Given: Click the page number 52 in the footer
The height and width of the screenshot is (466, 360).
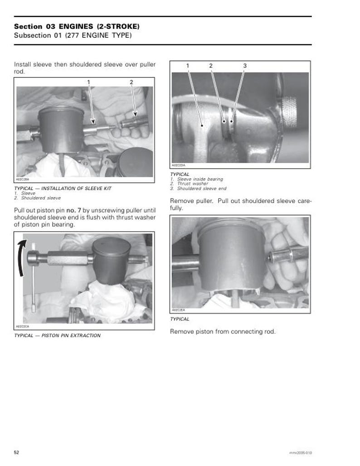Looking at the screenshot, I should point(17,452).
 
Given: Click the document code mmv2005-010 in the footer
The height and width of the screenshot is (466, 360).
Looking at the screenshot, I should point(300,453).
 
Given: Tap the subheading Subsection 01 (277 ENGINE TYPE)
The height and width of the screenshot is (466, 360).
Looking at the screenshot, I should point(73,35).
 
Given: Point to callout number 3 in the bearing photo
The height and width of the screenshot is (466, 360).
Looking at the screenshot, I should point(245,66).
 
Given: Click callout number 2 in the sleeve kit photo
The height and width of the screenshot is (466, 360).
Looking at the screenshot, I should point(131,82).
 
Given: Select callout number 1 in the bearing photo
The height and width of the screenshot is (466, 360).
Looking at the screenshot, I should point(188,66).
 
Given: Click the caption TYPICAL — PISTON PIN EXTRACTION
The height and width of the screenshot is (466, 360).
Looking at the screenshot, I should point(58,335).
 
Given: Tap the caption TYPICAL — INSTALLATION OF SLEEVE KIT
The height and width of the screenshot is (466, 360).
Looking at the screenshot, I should point(63,188).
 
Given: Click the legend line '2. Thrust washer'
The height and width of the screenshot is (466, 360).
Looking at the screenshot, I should point(190,184).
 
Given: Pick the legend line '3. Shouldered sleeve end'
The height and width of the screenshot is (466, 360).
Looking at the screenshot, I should point(198,189).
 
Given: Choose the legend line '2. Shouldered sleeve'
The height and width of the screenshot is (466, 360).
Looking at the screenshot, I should point(38,198).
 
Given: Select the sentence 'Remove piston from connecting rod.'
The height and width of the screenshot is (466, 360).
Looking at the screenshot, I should point(223,331).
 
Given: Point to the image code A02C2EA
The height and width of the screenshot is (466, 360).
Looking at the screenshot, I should point(178,311).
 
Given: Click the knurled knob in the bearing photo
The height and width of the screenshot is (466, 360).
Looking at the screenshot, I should point(289,111).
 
